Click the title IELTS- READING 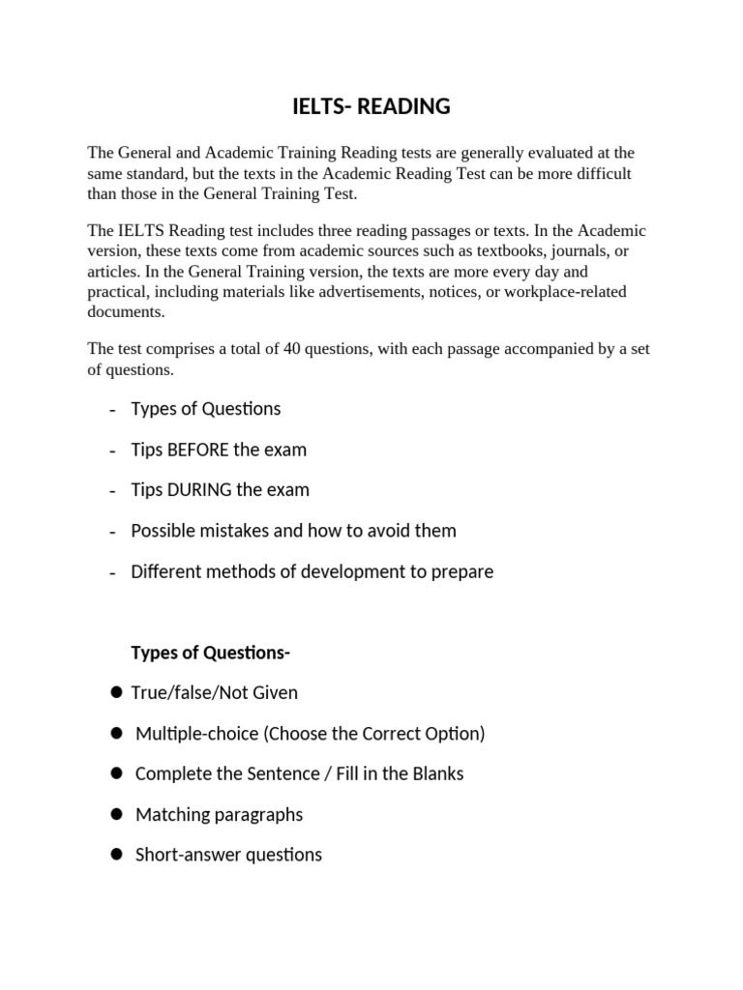point(371,107)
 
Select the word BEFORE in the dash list point(201,450)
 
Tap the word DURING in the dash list point(202,490)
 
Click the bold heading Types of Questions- point(210,653)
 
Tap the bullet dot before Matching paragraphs point(116,814)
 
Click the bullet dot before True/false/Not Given point(116,692)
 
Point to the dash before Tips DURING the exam point(113,491)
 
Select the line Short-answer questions point(228,855)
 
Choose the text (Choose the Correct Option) point(373,734)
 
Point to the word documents point(126,311)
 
